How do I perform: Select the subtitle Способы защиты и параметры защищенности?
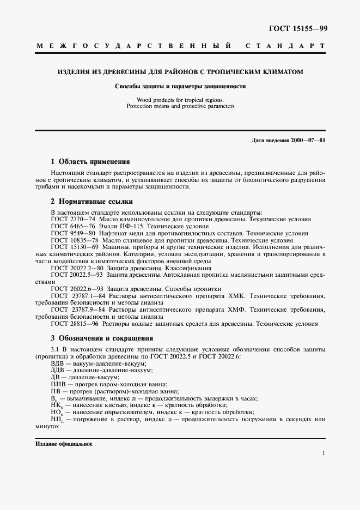(x=180, y=86)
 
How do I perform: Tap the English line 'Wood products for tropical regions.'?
(x=180, y=100)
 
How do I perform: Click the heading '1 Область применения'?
(x=90, y=162)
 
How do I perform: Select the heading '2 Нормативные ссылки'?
(x=91, y=202)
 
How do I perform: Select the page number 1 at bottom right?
(x=324, y=453)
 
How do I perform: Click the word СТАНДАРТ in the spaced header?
(x=286, y=47)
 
